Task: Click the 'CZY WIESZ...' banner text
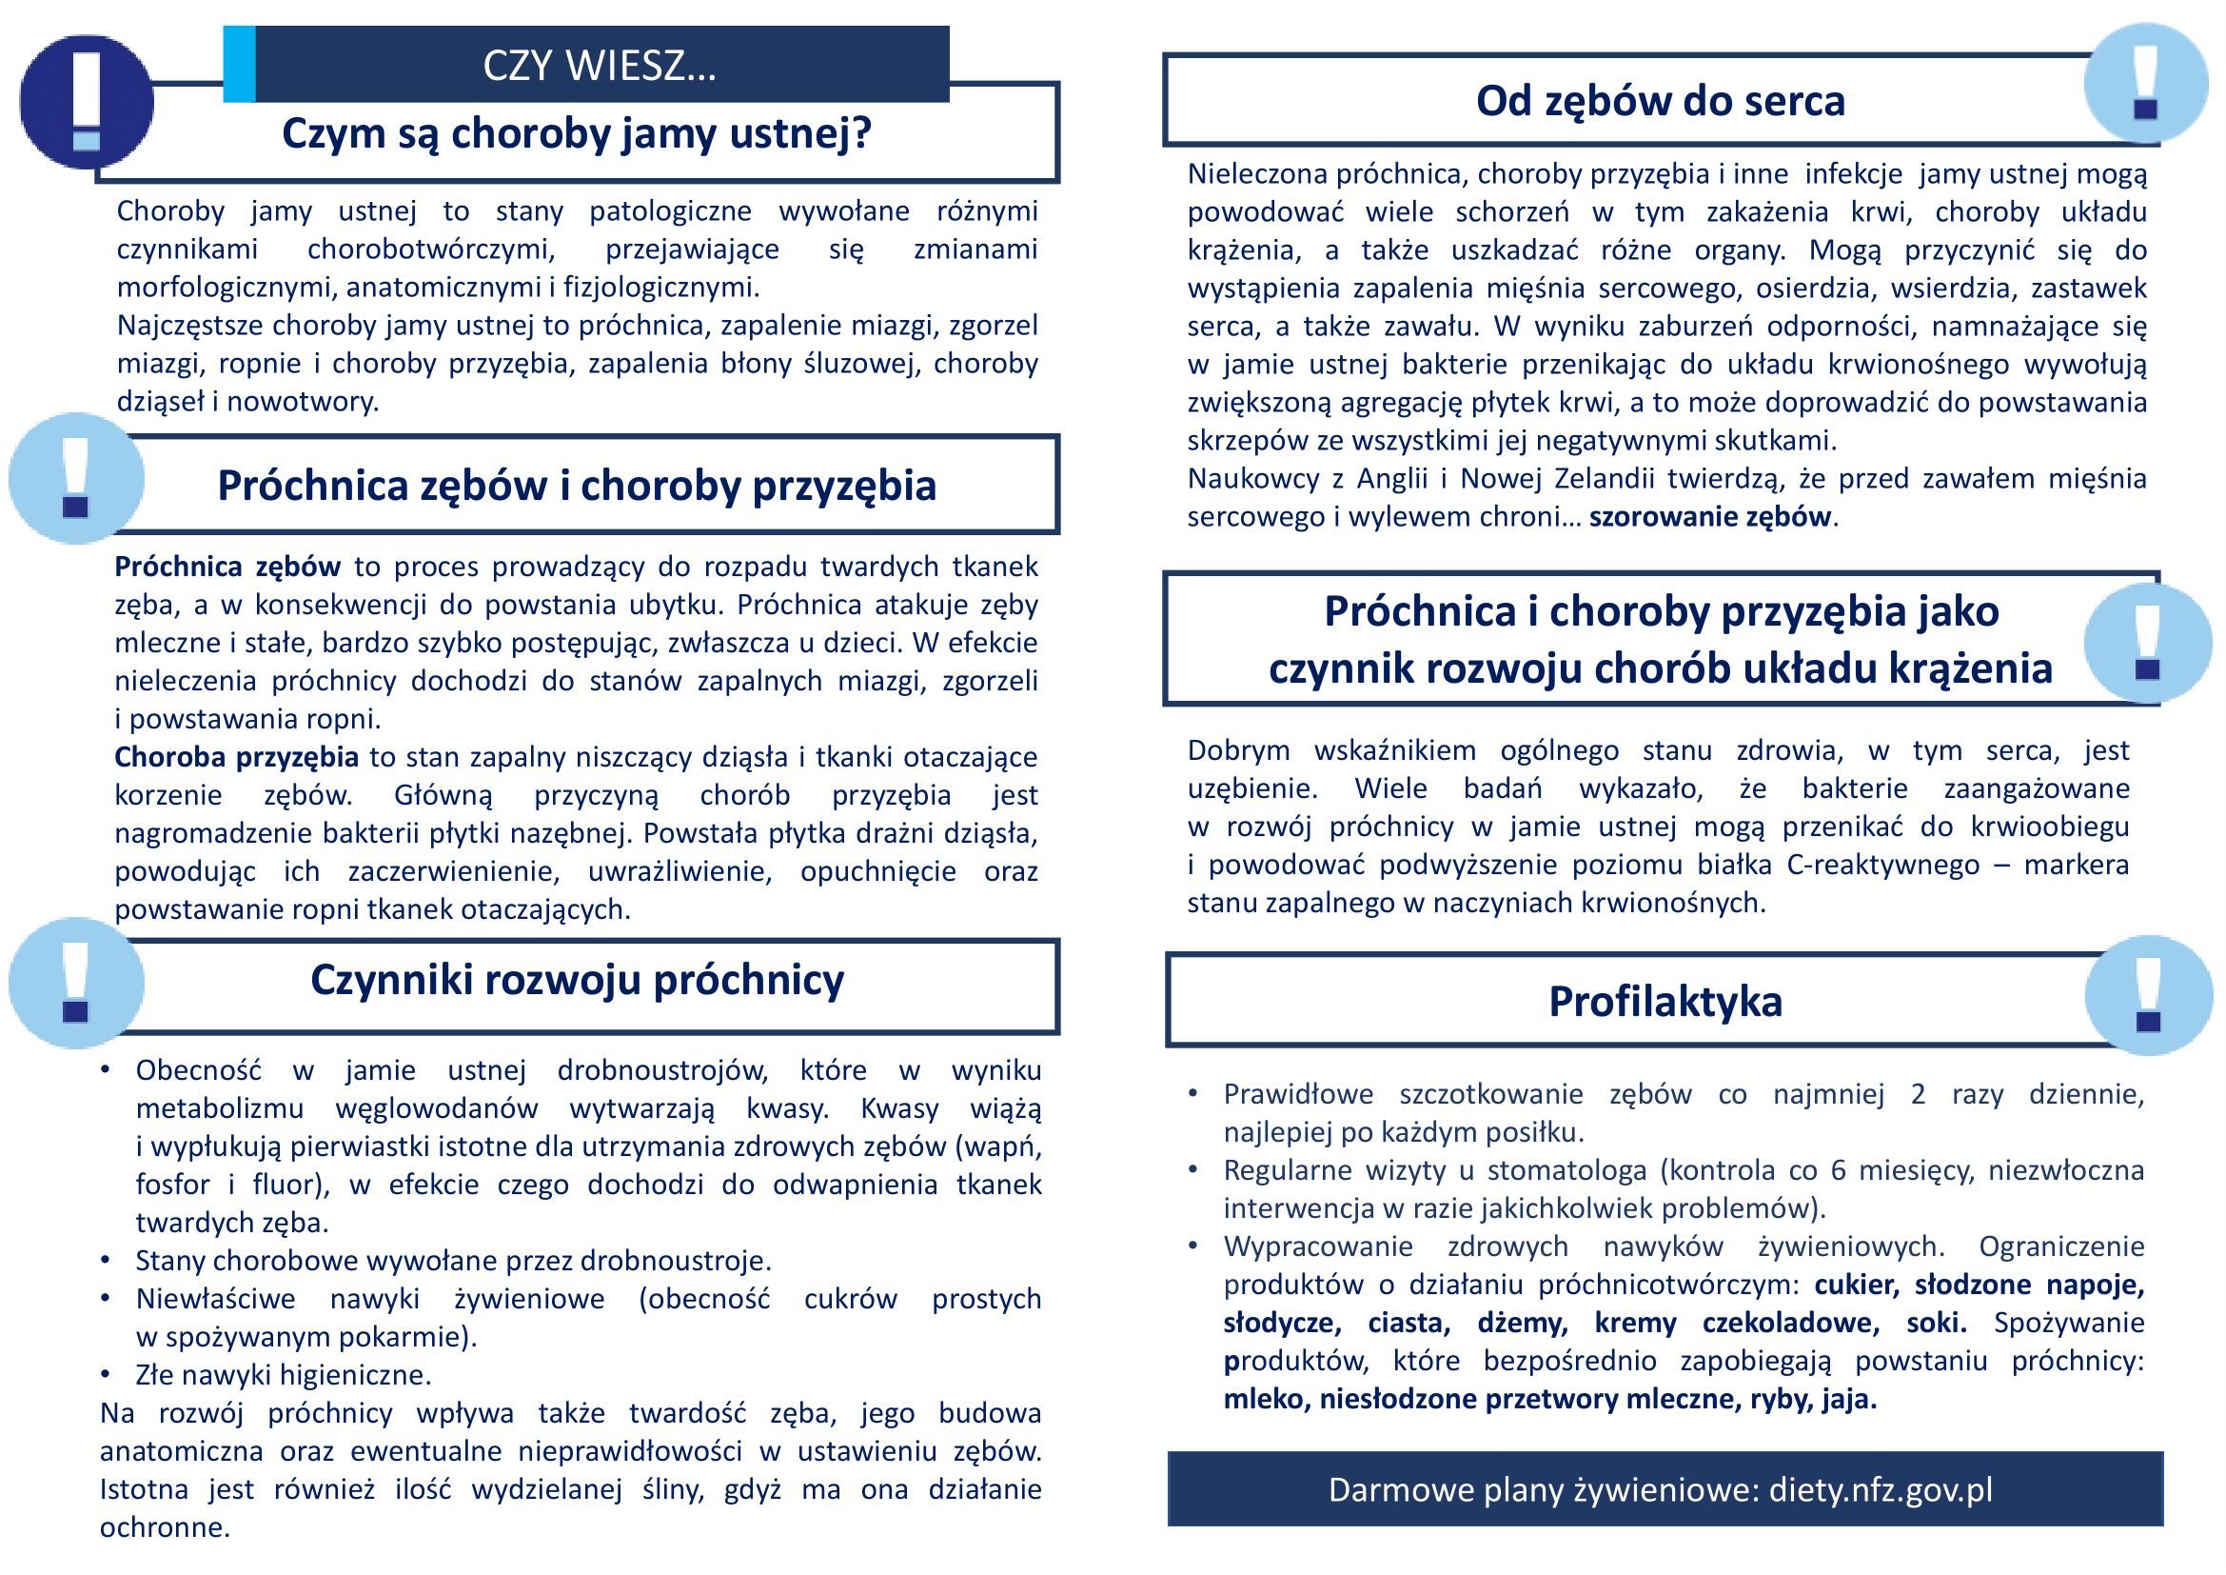(x=600, y=66)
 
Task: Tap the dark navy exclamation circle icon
(x=87, y=102)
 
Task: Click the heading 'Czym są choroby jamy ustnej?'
(x=577, y=134)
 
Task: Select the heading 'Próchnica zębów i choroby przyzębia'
(x=577, y=486)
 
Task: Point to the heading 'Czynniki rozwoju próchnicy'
(x=577, y=981)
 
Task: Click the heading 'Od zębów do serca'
(x=1660, y=102)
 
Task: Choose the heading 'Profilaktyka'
(x=1665, y=1002)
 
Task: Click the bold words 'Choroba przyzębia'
(x=237, y=757)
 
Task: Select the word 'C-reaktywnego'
(x=1881, y=865)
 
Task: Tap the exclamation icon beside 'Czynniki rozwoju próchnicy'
(x=75, y=983)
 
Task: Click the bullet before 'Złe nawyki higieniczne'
(x=106, y=1374)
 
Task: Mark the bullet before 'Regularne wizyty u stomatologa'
(x=1193, y=1169)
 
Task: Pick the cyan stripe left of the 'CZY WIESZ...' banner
(x=240, y=64)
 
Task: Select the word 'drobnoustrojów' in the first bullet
(x=662, y=1070)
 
